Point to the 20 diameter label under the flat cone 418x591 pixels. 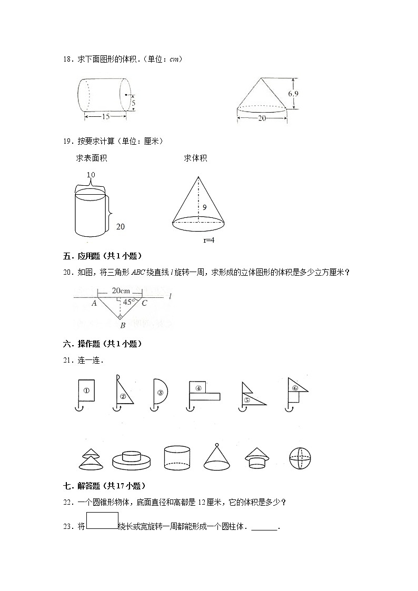click(262, 118)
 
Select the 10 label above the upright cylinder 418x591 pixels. click(91, 175)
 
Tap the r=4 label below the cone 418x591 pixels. click(210, 240)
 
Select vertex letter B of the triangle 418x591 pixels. click(122, 326)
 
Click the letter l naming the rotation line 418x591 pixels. click(171, 297)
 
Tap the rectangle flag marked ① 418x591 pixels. click(86, 391)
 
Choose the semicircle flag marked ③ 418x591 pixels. click(160, 392)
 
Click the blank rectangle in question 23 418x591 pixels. click(102, 520)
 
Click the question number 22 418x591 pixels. click(68, 502)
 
